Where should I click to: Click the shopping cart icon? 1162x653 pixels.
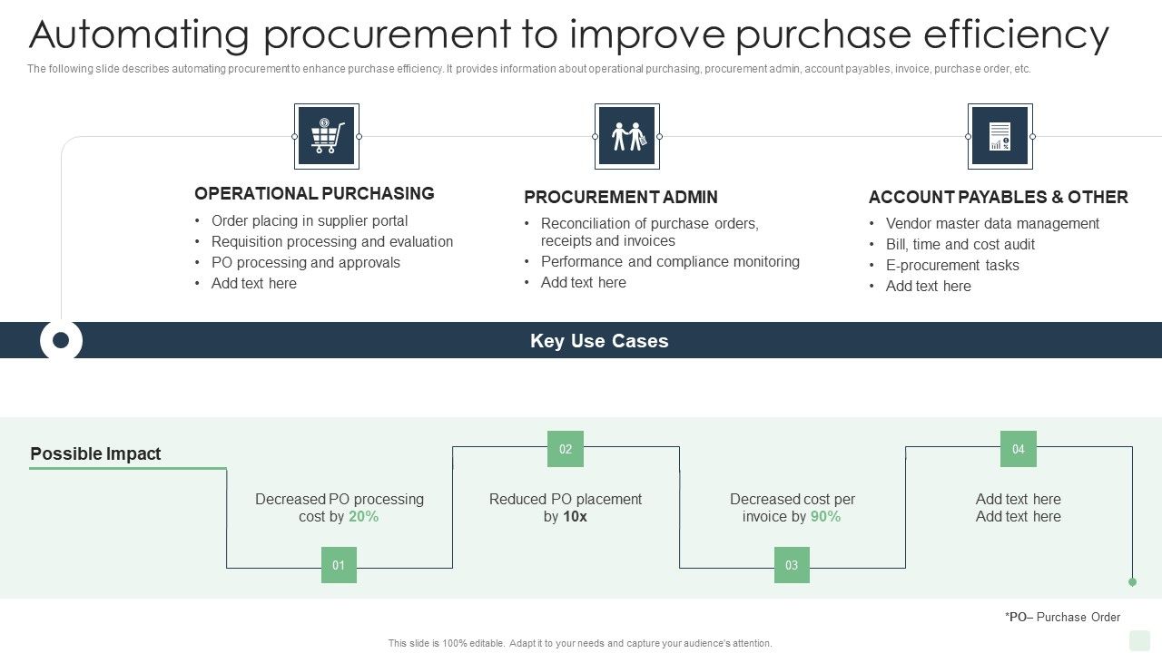(327, 136)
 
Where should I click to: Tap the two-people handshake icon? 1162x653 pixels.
(627, 136)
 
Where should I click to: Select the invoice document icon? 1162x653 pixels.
(1000, 136)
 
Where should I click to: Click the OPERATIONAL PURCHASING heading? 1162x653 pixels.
(314, 193)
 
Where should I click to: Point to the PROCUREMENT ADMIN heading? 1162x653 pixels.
(621, 197)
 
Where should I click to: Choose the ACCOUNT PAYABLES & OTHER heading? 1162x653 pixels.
(998, 197)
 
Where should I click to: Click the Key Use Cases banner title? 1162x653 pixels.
(599, 341)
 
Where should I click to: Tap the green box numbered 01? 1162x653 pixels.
(339, 565)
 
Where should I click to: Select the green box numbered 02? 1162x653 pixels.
(566, 449)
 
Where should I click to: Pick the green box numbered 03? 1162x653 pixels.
(792, 565)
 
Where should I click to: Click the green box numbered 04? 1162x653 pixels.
(1019, 449)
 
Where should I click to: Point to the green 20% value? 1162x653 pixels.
(363, 517)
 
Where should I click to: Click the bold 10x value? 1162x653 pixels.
(575, 517)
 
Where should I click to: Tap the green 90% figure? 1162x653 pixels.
(825, 517)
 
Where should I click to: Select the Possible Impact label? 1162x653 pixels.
(95, 454)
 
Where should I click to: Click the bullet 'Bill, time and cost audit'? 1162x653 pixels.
(960, 245)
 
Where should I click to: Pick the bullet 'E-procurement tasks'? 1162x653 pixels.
(952, 266)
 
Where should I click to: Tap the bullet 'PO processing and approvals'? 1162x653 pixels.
(305, 263)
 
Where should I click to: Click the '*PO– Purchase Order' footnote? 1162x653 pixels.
(1062, 618)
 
